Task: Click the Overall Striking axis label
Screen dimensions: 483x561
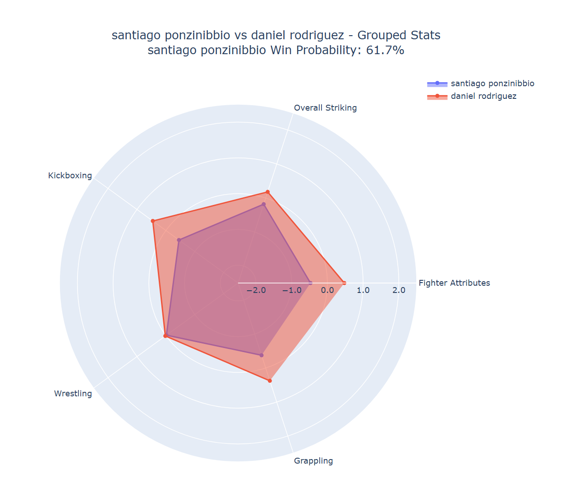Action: (x=325, y=108)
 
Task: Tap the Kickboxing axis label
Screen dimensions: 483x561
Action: (x=70, y=176)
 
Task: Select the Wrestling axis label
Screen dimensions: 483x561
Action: (x=73, y=394)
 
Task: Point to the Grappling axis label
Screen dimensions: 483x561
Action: (x=313, y=461)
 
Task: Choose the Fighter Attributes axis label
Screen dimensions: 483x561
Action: (x=454, y=283)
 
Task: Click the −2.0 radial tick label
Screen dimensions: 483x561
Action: (x=256, y=290)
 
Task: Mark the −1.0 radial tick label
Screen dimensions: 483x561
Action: (x=292, y=290)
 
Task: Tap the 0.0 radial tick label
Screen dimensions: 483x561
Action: (x=328, y=290)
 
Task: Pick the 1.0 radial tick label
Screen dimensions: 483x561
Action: (x=363, y=290)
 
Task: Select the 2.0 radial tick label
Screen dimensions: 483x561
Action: (x=399, y=290)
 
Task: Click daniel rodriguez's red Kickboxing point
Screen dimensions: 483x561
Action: (x=153, y=221)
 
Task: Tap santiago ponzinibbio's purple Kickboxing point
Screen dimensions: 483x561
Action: (x=179, y=240)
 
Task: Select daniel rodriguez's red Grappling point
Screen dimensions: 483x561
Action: (x=270, y=381)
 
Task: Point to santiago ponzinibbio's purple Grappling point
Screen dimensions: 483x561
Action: (x=261, y=355)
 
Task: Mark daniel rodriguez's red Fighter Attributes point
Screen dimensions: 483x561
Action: (x=344, y=283)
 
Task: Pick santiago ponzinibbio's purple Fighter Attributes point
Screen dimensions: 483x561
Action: (x=310, y=283)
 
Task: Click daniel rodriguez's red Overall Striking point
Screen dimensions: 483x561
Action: (x=267, y=192)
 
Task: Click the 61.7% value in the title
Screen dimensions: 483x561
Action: (x=385, y=50)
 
